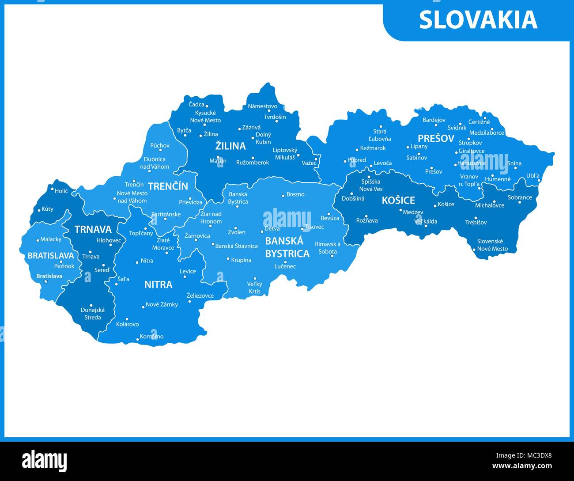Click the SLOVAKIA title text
[x=478, y=20]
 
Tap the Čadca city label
[x=196, y=105]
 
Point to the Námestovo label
[x=262, y=106]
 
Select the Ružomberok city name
[x=252, y=163]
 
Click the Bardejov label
[x=434, y=120]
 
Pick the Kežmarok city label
[x=373, y=148]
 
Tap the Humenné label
[x=498, y=179]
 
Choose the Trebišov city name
[x=476, y=223]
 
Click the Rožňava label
[x=367, y=221]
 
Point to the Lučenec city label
[x=285, y=266]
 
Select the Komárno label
[x=151, y=337]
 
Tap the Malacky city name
[x=51, y=239]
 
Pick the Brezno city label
[x=295, y=194]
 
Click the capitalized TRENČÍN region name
[x=168, y=186]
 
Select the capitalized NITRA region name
[x=158, y=285]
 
